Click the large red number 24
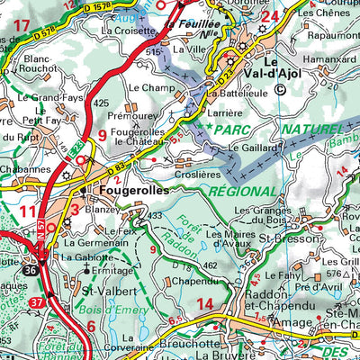(x=268, y=15)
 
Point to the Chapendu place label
(x=191, y=281)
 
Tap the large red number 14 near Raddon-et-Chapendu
(x=206, y=304)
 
